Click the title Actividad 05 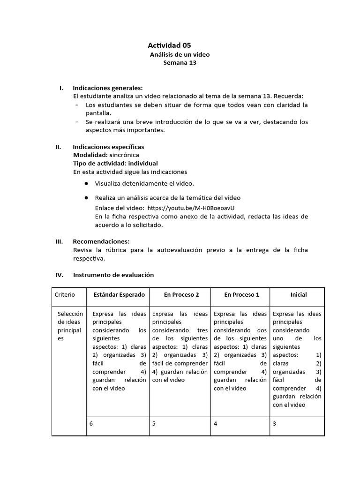pos(169,45)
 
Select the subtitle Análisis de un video pos(180,55)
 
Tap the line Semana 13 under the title pos(180,63)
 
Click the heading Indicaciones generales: pos(108,88)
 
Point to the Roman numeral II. pos(58,147)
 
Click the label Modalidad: pos(90,155)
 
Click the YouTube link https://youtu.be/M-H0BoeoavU pos(190,208)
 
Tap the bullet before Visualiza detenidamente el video pos(86,183)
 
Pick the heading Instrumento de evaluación pos(113,275)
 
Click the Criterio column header pos(65,295)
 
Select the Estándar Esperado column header pos(119,295)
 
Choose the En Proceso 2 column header pos(181,295)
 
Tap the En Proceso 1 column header pos(241,295)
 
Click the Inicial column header pos(299,295)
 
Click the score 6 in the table pos(91,423)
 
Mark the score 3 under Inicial pos(274,423)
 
